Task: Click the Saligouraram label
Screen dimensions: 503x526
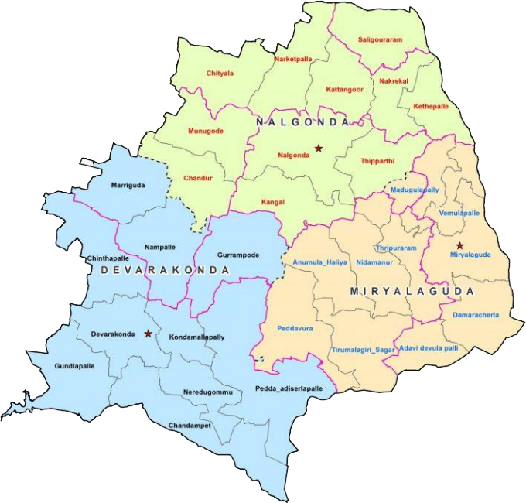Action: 381,39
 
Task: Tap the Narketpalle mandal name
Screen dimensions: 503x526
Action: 295,58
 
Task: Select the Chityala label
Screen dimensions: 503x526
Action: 220,74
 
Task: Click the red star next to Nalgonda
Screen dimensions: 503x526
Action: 318,147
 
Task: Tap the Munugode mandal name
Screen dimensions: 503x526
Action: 206,131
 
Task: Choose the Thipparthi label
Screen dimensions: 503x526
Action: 378,161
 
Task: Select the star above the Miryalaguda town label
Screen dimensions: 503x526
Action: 459,245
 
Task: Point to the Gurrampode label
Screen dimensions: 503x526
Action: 238,255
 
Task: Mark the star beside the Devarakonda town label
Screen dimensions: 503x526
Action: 148,334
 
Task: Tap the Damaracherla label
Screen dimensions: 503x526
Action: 476,315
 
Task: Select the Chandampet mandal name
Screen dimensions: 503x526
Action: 190,425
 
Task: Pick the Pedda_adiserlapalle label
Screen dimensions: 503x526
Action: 289,388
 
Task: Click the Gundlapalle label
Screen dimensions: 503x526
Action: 74,365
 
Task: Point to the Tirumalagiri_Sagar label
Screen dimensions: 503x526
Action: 364,351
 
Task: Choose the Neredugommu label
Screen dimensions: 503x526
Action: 207,393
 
